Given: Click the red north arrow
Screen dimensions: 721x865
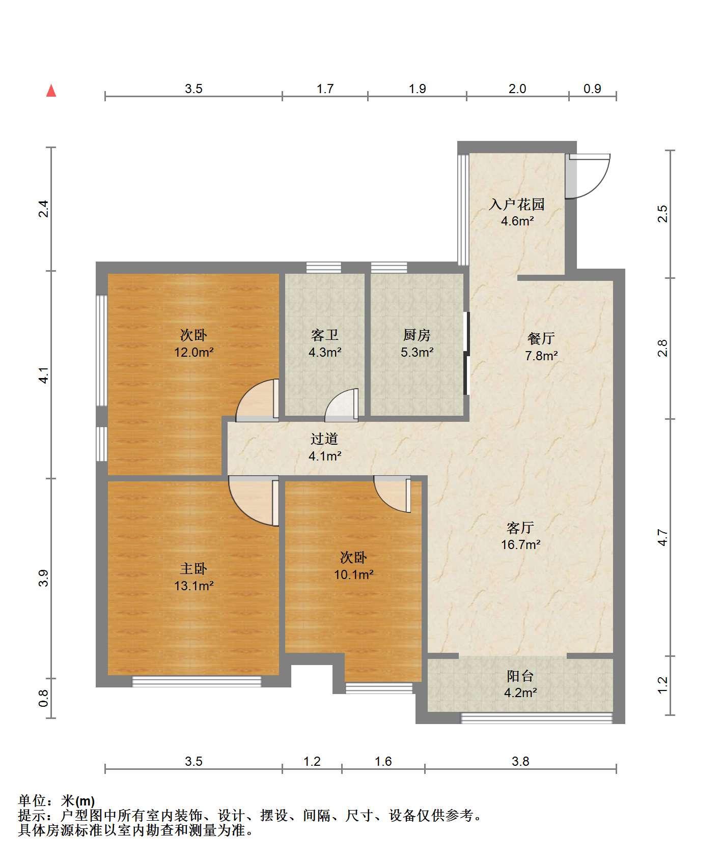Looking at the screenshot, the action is click(x=51, y=91).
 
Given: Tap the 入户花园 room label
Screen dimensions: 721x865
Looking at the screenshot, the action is click(x=517, y=205).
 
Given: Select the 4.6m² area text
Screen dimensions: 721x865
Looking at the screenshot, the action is click(x=517, y=221).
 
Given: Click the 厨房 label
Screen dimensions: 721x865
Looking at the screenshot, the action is click(x=417, y=335).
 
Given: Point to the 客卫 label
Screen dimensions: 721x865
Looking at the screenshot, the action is click(x=325, y=335).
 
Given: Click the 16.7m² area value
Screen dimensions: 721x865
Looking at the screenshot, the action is click(x=520, y=544).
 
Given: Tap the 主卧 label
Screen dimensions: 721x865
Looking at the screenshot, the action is click(x=193, y=569).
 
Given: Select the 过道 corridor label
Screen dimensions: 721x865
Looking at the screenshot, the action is click(x=325, y=439).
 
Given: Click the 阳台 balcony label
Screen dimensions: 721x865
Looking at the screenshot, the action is click(x=520, y=676).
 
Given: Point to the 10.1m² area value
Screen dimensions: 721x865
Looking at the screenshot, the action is click(x=354, y=575).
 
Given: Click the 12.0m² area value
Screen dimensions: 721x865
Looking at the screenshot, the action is click(x=193, y=352).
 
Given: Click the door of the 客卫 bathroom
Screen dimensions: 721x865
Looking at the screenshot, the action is click(x=342, y=405).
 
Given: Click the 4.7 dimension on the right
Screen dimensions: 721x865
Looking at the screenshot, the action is click(x=662, y=537).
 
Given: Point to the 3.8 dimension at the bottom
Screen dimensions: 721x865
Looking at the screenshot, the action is click(x=520, y=761).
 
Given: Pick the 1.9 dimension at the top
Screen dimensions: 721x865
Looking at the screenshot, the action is click(x=417, y=89).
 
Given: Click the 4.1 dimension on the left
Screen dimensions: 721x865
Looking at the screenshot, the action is click(x=44, y=375).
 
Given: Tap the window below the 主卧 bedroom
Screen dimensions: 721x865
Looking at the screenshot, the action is click(x=197, y=681).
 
